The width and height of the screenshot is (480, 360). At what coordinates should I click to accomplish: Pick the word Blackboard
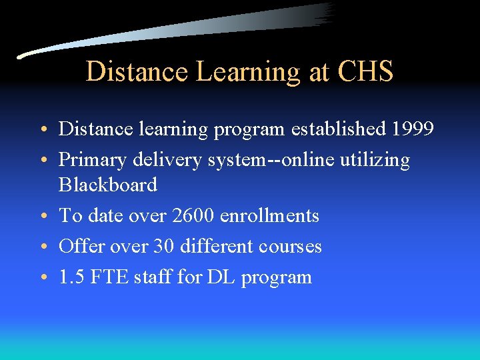(x=108, y=185)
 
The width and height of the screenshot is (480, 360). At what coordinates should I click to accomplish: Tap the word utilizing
(x=373, y=160)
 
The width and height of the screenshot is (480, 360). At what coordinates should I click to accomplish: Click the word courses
(x=289, y=247)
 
